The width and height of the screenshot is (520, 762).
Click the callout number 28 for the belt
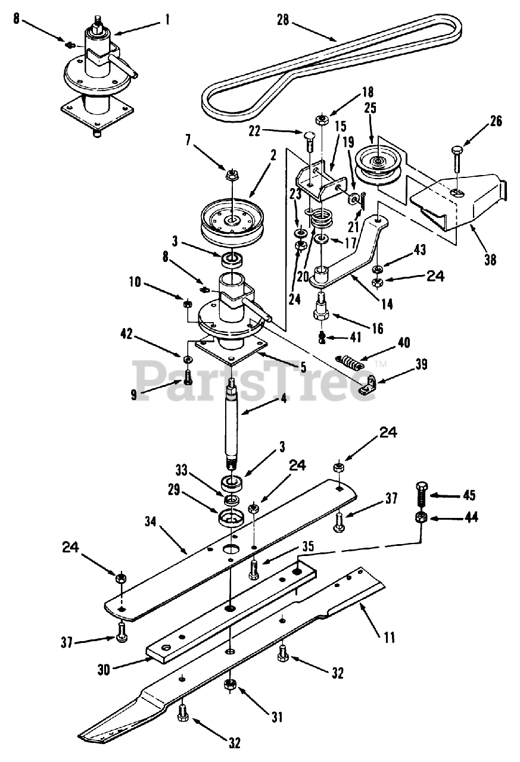coord(283,20)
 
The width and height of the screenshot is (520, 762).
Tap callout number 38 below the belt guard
coord(490,260)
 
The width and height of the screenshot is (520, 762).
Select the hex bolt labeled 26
coord(457,160)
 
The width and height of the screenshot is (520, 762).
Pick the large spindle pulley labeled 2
coord(233,221)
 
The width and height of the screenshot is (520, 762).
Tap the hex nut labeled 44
coord(421,518)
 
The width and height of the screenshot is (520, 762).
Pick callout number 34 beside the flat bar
coord(150,521)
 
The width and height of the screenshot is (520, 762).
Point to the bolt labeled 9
coord(188,377)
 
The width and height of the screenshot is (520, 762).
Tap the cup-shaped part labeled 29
coord(231,518)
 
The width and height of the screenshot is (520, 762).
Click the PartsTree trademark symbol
coord(382,364)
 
